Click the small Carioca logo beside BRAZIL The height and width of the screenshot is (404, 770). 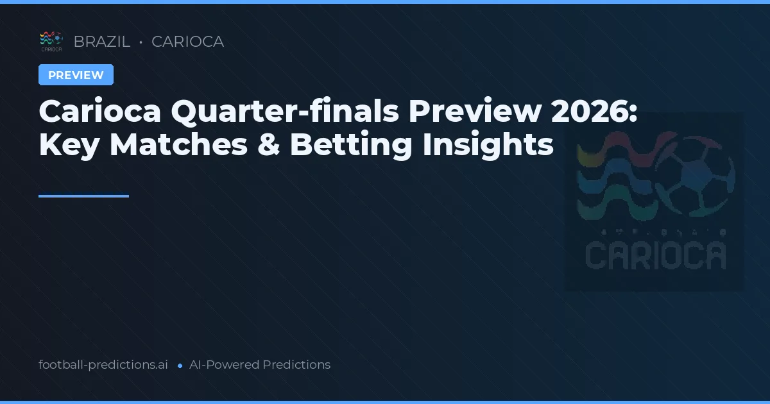(x=51, y=41)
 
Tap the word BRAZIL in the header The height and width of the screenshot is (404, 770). (x=101, y=42)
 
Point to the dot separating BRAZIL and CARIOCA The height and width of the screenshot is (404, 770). (x=141, y=42)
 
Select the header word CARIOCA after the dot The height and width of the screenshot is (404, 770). (x=187, y=42)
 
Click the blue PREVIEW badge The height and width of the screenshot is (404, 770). (x=76, y=75)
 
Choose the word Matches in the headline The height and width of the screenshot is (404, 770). (x=178, y=145)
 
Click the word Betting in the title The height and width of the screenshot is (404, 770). (x=351, y=145)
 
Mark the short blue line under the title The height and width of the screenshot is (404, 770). (x=83, y=196)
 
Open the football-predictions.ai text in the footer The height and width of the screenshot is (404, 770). (x=103, y=365)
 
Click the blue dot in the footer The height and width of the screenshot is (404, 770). (x=180, y=366)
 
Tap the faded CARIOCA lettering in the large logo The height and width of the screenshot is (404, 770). (x=655, y=255)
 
